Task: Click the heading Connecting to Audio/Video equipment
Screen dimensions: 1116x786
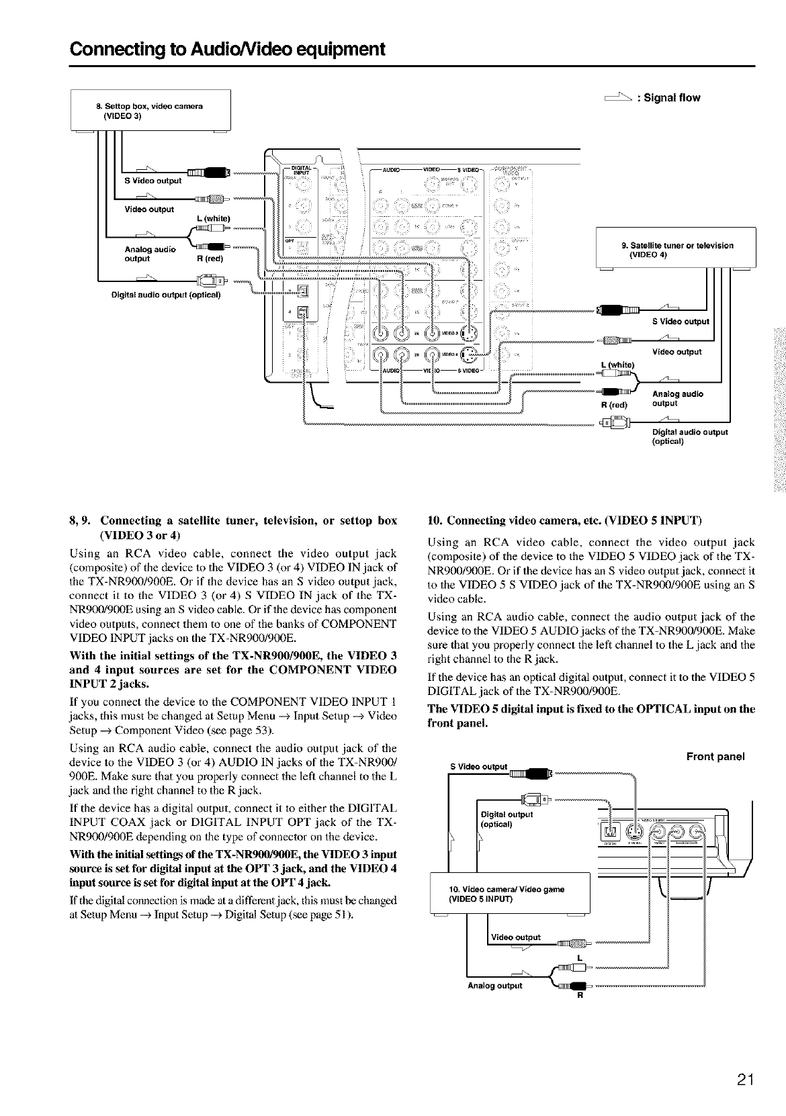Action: click(x=228, y=49)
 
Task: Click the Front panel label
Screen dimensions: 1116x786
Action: click(x=715, y=757)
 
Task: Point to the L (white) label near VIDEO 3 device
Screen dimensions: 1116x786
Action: click(x=214, y=218)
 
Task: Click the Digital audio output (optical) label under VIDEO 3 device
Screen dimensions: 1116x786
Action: click(x=166, y=294)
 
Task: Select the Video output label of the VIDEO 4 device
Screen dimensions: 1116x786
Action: click(x=676, y=352)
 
